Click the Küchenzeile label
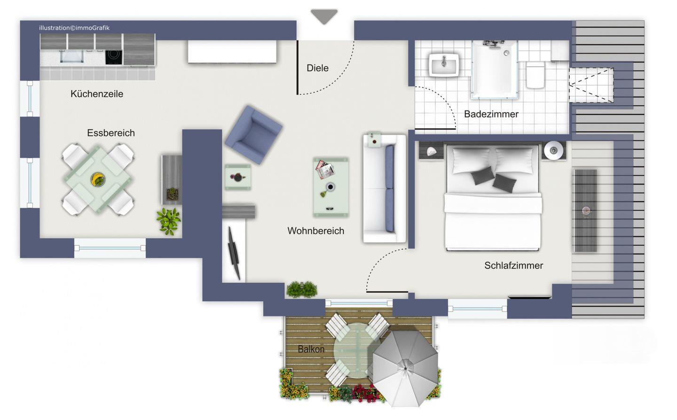click(97, 94)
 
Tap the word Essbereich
click(111, 133)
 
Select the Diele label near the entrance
click(317, 68)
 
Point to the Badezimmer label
click(491, 114)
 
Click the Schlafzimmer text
click(513, 265)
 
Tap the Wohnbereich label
click(316, 231)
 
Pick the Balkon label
click(311, 349)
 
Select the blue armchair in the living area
click(253, 135)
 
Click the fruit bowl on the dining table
click(98, 179)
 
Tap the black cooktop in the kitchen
click(114, 57)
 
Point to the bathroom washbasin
click(444, 64)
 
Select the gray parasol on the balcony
click(405, 368)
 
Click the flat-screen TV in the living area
click(234, 253)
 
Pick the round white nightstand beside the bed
click(553, 150)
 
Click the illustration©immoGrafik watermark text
click(74, 28)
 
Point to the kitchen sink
click(72, 56)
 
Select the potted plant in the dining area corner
click(169, 221)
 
